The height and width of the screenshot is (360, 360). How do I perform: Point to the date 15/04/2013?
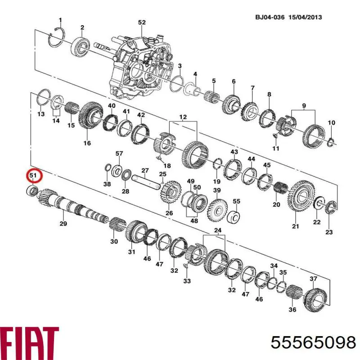306,18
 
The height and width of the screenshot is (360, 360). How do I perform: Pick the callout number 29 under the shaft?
63,223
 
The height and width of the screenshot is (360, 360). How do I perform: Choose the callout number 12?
183,117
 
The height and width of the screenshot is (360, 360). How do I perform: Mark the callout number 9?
304,106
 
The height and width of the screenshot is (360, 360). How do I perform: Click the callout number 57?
119,153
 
